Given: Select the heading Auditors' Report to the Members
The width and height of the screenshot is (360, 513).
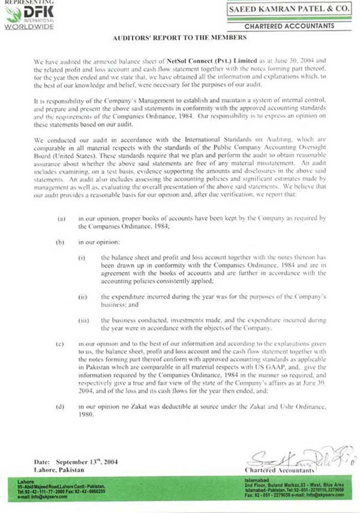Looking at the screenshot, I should (x=179, y=38).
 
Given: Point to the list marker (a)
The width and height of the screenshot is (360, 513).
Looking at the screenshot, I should (x=61, y=219).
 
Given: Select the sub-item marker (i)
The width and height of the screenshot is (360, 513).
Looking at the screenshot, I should (x=82, y=257).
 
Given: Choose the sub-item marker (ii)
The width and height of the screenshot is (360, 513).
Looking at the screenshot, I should (x=82, y=297).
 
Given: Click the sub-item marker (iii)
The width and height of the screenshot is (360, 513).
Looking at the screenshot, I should (x=83, y=321).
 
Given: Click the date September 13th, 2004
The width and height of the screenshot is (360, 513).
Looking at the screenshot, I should (x=87, y=462).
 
